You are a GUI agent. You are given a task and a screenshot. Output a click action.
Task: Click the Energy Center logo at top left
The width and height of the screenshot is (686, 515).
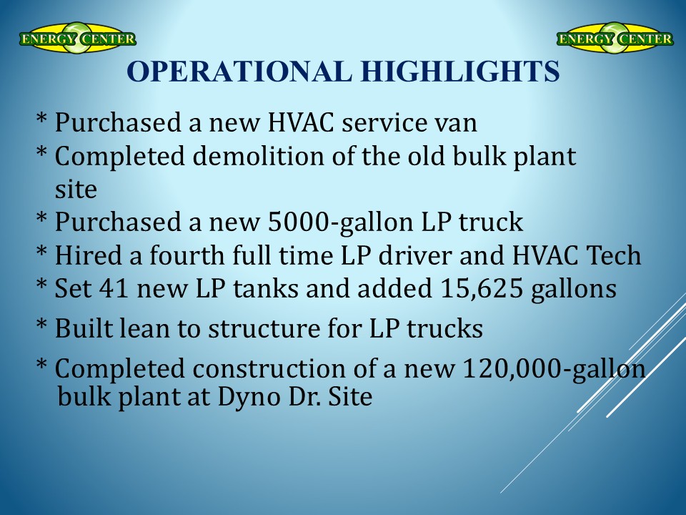[77, 38]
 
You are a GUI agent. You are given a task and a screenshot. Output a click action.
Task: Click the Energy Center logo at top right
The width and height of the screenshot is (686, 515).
[615, 38]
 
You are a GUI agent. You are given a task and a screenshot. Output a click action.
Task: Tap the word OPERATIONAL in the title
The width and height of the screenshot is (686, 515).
[239, 71]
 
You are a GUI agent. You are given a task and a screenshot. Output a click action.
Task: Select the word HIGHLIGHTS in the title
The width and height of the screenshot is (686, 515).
[461, 71]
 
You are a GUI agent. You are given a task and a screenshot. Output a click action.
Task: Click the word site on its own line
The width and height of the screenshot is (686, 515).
[76, 190]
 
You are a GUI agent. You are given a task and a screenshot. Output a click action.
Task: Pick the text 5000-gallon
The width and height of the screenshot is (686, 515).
[340, 222]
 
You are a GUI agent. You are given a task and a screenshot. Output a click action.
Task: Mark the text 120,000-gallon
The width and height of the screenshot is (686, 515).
[553, 369]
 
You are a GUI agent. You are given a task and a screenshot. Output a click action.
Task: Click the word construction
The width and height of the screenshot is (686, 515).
[269, 369]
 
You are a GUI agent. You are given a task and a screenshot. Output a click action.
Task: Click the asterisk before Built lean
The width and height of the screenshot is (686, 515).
[41, 325]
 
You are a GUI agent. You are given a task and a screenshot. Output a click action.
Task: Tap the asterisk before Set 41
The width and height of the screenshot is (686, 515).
[41, 284]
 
